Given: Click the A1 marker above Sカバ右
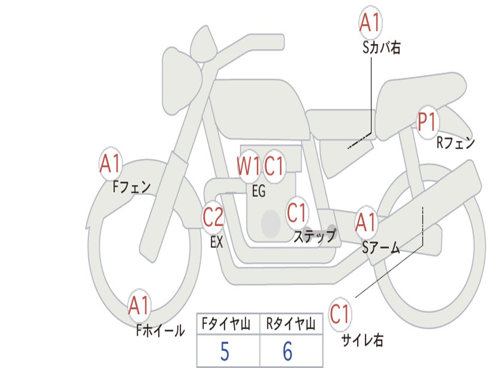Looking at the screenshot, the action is pyautogui.click(x=370, y=23).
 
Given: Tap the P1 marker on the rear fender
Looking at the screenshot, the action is pyautogui.click(x=427, y=122).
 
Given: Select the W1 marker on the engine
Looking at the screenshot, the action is pyautogui.click(x=249, y=166).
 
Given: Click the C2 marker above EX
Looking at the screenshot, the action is pyautogui.click(x=213, y=217).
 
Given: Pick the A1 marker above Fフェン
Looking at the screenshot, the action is pyautogui.click(x=110, y=163).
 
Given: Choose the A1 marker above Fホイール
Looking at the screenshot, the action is pyautogui.click(x=139, y=305).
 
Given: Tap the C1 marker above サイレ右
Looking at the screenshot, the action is pyautogui.click(x=339, y=314).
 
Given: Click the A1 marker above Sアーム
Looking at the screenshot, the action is pyautogui.click(x=366, y=222).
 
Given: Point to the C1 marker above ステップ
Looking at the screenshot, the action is pyautogui.click(x=296, y=213).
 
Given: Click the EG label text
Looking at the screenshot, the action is pyautogui.click(x=258, y=191).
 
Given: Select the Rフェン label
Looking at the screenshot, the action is pyautogui.click(x=456, y=143).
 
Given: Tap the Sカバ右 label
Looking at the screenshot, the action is pyautogui.click(x=381, y=48).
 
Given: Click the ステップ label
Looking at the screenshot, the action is pyautogui.click(x=315, y=236).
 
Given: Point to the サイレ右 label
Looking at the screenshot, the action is pyautogui.click(x=362, y=340).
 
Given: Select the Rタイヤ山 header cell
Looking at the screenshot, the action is pyautogui.click(x=292, y=323).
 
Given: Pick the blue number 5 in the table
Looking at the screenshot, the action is pyautogui.click(x=225, y=351).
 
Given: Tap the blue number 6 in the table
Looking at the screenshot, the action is pyautogui.click(x=288, y=351).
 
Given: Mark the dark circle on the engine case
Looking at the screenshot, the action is pyautogui.click(x=271, y=223).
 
